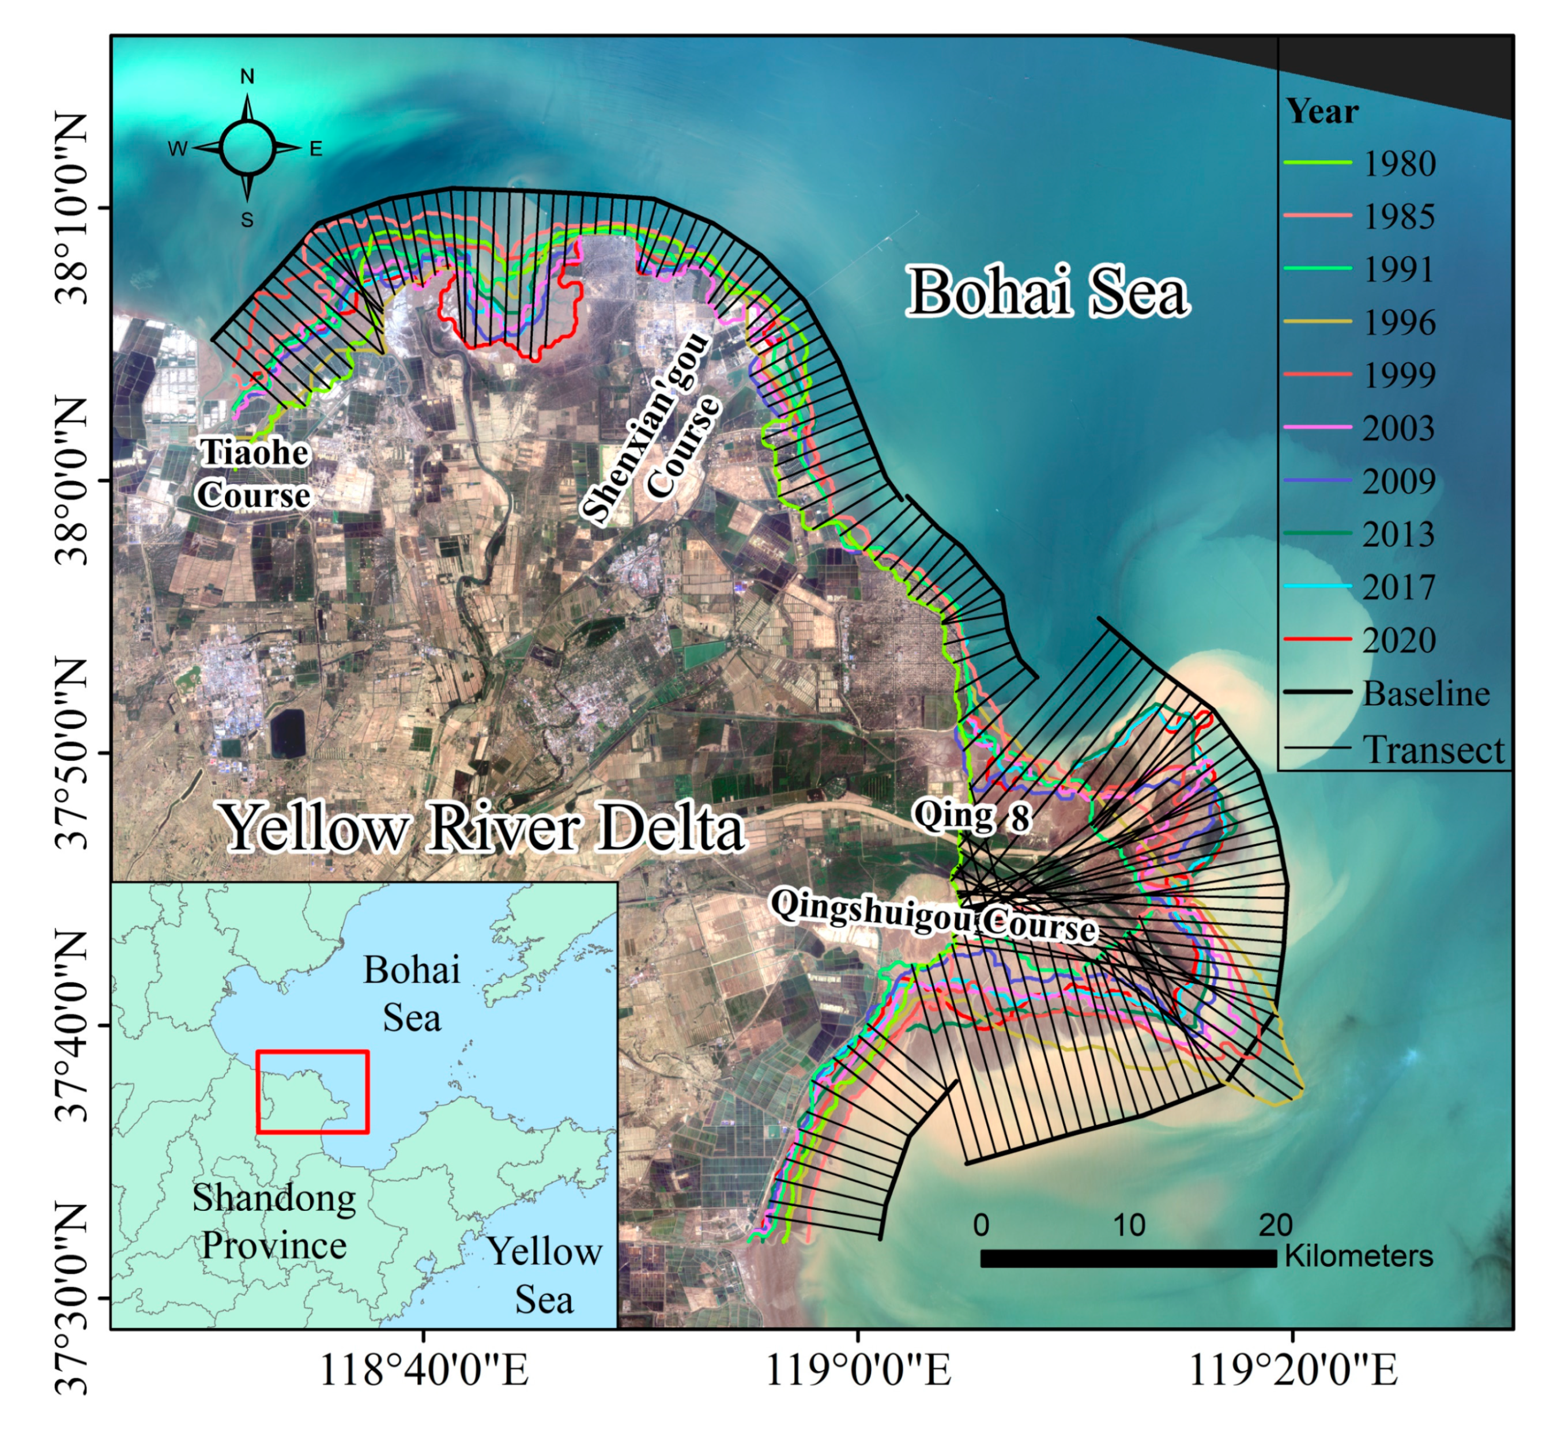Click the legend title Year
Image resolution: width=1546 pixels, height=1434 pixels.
tap(1322, 112)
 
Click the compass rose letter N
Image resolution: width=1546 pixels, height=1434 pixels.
tap(247, 77)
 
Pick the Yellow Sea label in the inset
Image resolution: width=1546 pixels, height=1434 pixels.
tap(544, 1275)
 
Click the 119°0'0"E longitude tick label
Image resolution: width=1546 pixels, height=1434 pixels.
tap(858, 1393)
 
